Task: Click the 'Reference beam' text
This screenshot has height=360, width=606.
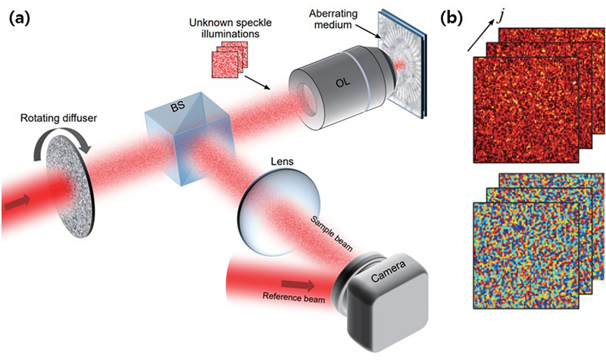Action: click(x=291, y=298)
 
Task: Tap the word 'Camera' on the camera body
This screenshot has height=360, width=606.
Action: click(x=389, y=280)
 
